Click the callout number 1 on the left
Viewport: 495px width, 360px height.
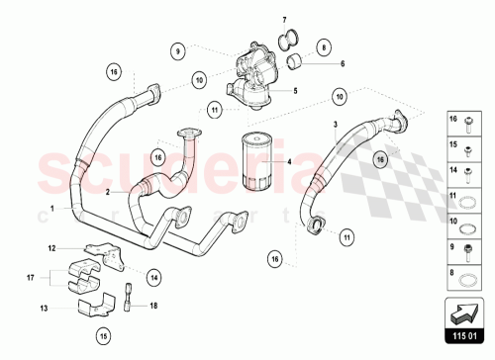tap(50, 208)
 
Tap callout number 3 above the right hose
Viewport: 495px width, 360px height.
tap(336, 124)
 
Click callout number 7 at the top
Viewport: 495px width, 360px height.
tap(283, 21)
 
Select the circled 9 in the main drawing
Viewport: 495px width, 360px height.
tap(178, 49)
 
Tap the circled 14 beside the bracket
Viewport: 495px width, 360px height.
tap(154, 279)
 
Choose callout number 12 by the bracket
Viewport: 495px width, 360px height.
tap(53, 247)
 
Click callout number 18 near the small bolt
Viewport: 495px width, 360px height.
tap(153, 307)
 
